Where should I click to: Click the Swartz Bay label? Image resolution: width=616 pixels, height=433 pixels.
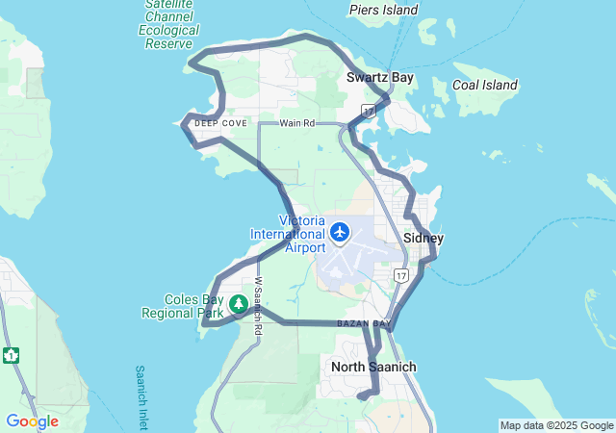tap(380, 76)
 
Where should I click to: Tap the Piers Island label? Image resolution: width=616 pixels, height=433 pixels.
tap(383, 11)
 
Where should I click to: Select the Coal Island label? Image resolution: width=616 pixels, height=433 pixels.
tap(485, 86)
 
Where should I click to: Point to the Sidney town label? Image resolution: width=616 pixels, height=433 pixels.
tap(423, 238)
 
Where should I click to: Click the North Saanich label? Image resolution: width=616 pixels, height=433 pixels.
tap(373, 367)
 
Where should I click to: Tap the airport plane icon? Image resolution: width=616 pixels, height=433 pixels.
tap(340, 232)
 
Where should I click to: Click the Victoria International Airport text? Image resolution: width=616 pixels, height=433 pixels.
tap(288, 234)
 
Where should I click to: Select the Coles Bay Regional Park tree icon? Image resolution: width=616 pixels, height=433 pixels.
tap(237, 305)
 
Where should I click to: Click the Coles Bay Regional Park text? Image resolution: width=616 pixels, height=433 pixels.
tap(182, 306)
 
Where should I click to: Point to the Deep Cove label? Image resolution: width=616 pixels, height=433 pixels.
tap(220, 124)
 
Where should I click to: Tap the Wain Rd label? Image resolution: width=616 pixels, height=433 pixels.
tap(297, 124)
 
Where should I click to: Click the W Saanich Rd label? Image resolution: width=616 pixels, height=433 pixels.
tap(258, 306)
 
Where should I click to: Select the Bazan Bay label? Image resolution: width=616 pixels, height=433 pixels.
tap(364, 323)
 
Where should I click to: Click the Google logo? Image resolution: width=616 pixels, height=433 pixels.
tap(32, 421)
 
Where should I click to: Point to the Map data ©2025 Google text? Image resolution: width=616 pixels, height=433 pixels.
tap(556, 425)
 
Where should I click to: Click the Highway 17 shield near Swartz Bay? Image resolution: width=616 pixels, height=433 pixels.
tap(369, 111)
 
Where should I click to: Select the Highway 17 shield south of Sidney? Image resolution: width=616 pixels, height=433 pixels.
tap(400, 276)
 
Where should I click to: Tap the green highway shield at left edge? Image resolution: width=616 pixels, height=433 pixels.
tap(11, 355)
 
